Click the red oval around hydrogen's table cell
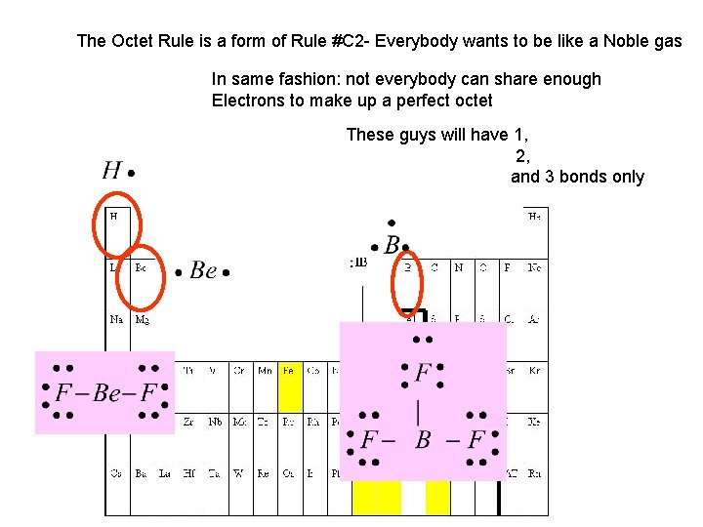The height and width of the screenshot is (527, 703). [x=118, y=228]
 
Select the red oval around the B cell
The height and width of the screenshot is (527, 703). [x=408, y=282]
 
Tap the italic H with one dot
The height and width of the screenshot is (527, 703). [x=112, y=172]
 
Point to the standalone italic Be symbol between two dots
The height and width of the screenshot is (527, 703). [x=203, y=270]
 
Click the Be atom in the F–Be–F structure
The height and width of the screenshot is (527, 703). [x=107, y=393]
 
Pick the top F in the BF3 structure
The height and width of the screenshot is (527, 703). [x=423, y=373]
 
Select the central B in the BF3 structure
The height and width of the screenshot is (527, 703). [x=423, y=440]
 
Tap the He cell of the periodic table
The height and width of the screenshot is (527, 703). [x=534, y=216]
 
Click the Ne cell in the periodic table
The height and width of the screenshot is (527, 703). [x=534, y=266]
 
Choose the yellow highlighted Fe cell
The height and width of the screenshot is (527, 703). [x=289, y=371]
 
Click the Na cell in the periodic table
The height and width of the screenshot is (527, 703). [x=116, y=318]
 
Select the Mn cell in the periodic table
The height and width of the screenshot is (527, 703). [x=265, y=371]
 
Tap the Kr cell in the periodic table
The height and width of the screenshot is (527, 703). [x=534, y=371]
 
